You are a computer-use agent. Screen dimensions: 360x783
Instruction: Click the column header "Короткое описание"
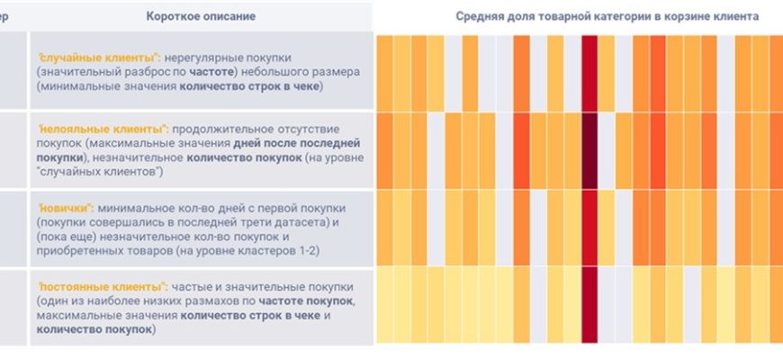click(x=200, y=16)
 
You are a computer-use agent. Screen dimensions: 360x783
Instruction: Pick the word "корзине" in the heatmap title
click(x=697, y=16)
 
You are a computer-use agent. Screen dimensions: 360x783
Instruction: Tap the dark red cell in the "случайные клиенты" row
click(x=590, y=72)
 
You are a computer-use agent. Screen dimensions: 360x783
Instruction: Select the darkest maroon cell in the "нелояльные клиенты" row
click(x=590, y=149)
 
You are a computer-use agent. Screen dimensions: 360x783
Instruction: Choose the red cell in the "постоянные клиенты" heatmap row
click(x=590, y=304)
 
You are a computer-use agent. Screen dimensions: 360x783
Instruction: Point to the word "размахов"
click(x=226, y=301)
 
